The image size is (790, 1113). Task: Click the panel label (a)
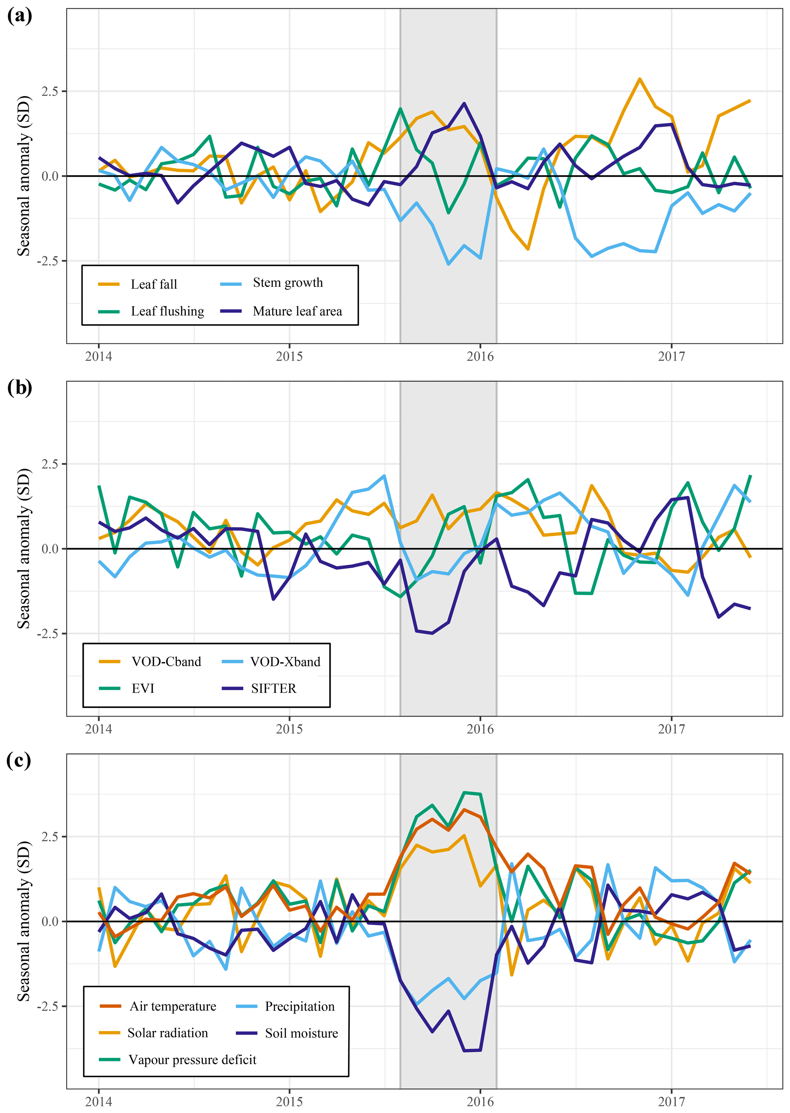click(x=19, y=16)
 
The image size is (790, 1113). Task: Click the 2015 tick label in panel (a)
click(x=289, y=357)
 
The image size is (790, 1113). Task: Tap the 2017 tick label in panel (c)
click(x=671, y=1101)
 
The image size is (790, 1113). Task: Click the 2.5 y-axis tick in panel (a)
click(x=50, y=91)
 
